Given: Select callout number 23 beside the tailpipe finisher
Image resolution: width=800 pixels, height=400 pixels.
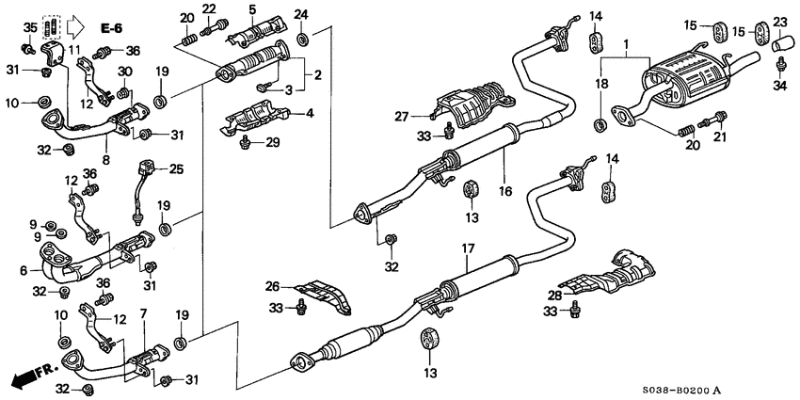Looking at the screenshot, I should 780,22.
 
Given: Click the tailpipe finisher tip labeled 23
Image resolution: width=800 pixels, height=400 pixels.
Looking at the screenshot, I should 780,43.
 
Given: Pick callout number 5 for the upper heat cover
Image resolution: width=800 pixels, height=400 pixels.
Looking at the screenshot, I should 251,9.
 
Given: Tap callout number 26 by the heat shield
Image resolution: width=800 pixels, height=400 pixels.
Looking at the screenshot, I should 274,287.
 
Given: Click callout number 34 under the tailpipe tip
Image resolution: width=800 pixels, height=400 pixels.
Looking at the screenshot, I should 780,88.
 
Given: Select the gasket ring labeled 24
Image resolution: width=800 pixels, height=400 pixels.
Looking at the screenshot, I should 300,40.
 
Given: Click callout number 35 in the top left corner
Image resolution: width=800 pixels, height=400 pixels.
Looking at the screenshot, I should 28,25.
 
